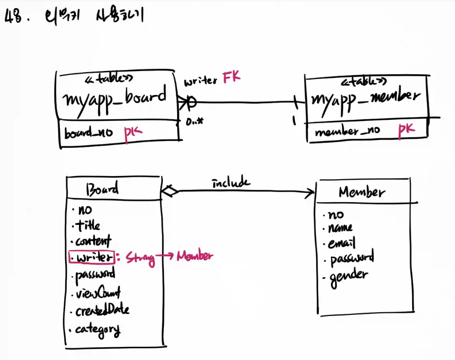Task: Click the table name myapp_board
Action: pyautogui.click(x=115, y=99)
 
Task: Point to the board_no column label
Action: pyautogui.click(x=89, y=133)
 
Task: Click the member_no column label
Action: pyautogui.click(x=347, y=131)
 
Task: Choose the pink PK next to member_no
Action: pyautogui.click(x=406, y=129)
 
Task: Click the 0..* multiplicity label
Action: pyautogui.click(x=195, y=121)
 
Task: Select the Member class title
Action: pyautogui.click(x=362, y=192)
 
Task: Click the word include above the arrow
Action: pyautogui.click(x=231, y=183)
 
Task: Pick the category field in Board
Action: pyautogui.click(x=97, y=330)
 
